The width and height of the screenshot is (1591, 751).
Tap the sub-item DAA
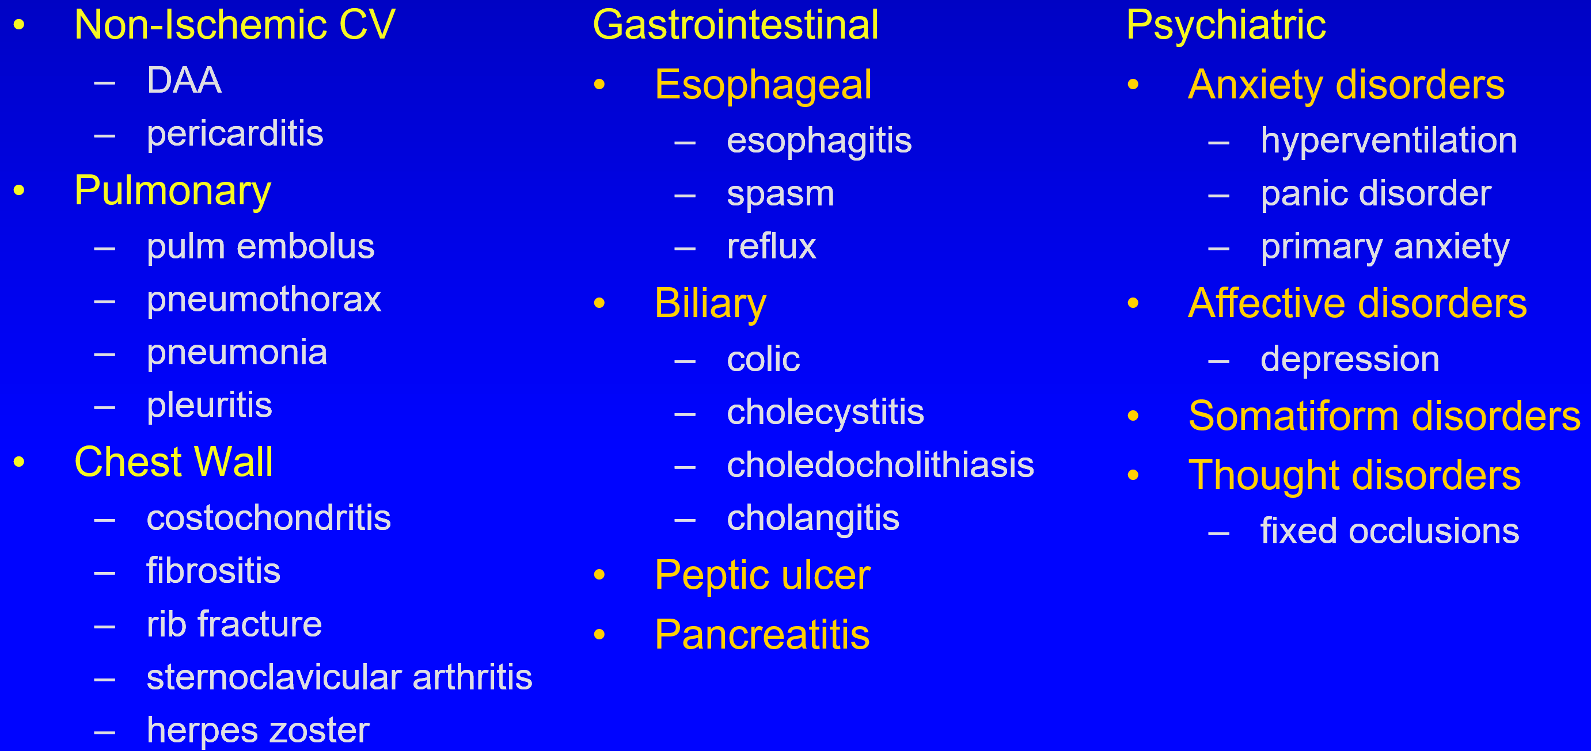pyautogui.click(x=184, y=80)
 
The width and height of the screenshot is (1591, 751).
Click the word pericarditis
pyautogui.click(x=235, y=134)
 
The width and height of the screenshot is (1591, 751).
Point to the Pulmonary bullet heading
pyautogui.click(x=172, y=191)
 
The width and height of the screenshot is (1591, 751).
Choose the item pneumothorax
pyautogui.click(x=264, y=300)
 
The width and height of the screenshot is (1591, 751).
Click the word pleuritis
pyautogui.click(x=210, y=406)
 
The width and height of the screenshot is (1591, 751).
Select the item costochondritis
pyautogui.click(x=269, y=518)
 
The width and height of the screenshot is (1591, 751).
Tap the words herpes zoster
pyautogui.click(x=258, y=731)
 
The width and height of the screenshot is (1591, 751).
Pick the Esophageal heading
pyautogui.click(x=763, y=85)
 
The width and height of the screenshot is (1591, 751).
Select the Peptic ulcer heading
pyautogui.click(x=762, y=575)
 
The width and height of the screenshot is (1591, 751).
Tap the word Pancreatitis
pyautogui.click(x=762, y=634)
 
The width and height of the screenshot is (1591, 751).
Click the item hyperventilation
pyautogui.click(x=1389, y=140)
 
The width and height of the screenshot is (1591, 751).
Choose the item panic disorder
pyautogui.click(x=1376, y=194)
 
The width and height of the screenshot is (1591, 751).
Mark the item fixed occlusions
pyautogui.click(x=1389, y=531)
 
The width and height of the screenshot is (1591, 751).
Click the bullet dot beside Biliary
pyautogui.click(x=599, y=303)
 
